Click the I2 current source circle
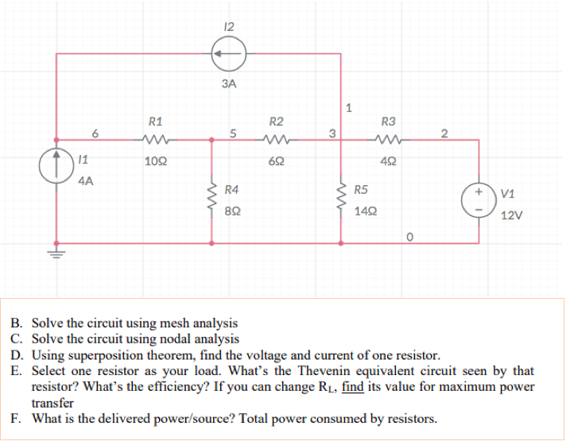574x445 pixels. point(229,55)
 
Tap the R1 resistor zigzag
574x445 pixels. point(156,141)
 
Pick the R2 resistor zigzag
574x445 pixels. point(277,141)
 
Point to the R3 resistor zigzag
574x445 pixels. point(388,141)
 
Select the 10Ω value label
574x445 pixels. point(156,161)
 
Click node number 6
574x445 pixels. point(95,132)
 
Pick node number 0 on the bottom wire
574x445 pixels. point(409,235)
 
